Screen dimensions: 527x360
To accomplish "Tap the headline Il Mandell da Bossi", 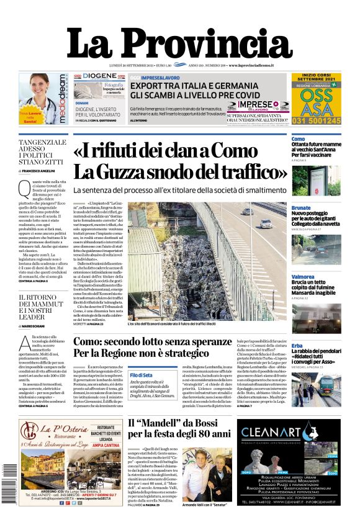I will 178,428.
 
